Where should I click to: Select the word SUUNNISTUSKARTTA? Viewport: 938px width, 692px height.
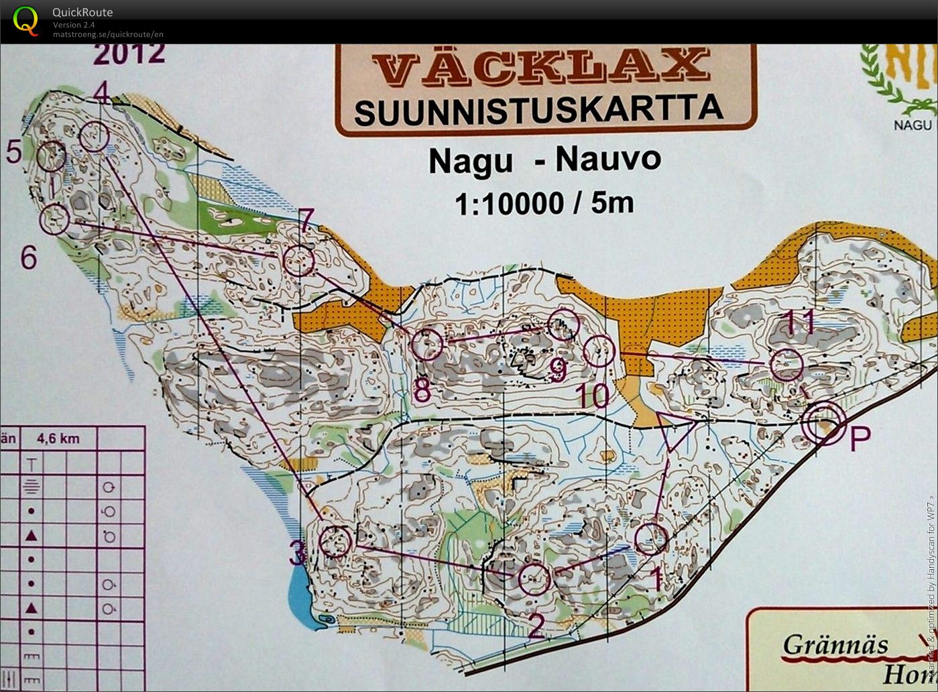[538, 109]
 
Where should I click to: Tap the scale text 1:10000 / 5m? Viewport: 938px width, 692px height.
[544, 203]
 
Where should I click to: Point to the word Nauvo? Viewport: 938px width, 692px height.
[608, 160]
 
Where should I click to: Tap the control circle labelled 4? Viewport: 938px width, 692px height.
[94, 137]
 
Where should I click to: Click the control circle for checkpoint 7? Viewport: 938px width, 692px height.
[298, 260]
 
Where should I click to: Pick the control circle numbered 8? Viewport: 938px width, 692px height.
[427, 345]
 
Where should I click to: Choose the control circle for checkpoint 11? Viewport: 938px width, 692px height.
[786, 366]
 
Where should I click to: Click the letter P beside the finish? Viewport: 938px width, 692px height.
[860, 439]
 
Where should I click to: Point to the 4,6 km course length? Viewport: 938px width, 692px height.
[58, 439]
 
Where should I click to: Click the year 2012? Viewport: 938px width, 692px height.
[129, 54]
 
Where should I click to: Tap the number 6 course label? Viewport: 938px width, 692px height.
[28, 257]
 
